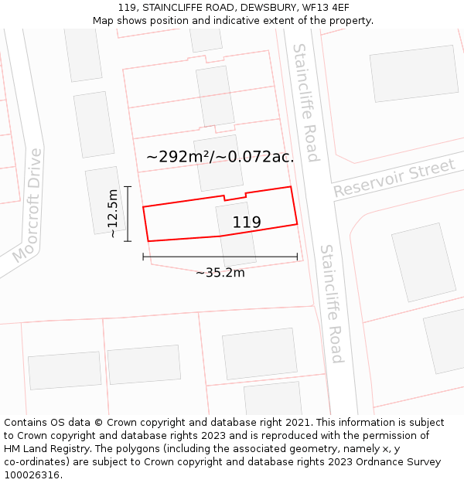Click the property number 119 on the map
[247, 223]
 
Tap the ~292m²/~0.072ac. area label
[220, 157]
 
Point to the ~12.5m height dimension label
[113, 213]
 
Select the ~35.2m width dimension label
[220, 272]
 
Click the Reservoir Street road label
[394, 179]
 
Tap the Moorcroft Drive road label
[27, 206]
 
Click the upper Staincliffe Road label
[305, 103]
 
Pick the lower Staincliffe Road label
[332, 304]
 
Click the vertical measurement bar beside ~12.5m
[128, 214]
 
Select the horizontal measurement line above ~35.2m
[220, 257]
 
